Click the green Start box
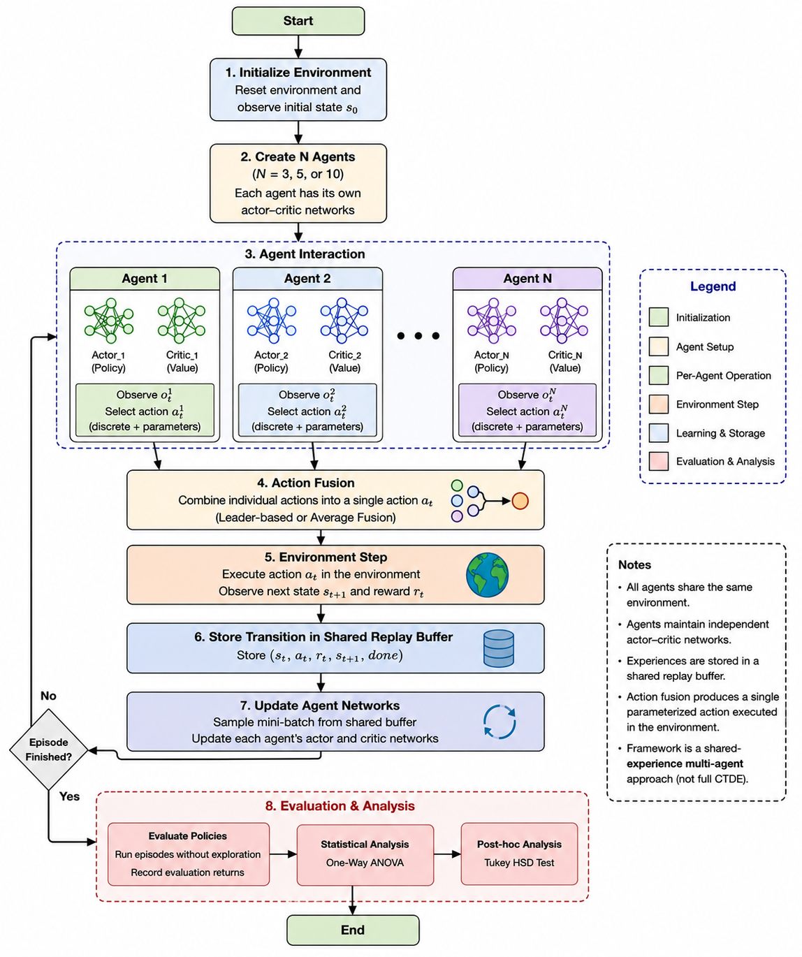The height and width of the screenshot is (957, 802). pos(298,21)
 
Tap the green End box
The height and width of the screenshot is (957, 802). pos(352,930)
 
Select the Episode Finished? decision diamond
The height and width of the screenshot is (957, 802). pos(49,750)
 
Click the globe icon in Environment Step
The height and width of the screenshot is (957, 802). pos(487,575)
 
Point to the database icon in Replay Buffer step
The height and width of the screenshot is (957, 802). pos(499,648)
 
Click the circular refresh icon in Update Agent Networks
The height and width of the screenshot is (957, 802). pos(500,722)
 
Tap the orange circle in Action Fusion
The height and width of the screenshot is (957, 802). pos(520,501)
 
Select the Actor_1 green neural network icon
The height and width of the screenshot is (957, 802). pos(108,321)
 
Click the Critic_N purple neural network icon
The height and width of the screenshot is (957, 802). pos(564,321)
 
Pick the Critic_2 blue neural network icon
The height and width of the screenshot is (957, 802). pos(344,321)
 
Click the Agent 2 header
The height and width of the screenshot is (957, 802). pos(307,279)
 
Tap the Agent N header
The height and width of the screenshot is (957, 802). pos(527,279)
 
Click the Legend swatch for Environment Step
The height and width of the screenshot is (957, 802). pos(658,404)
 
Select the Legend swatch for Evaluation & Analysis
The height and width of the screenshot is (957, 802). pos(658,461)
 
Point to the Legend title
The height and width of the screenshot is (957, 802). pos(713,286)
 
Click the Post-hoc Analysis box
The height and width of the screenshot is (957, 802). pos(519,854)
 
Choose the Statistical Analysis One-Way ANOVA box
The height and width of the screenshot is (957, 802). pos(365,855)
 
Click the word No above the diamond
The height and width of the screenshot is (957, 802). pos(48,696)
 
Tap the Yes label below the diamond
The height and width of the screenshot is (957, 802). pos(69,796)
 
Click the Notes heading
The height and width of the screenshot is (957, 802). pos(634,564)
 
